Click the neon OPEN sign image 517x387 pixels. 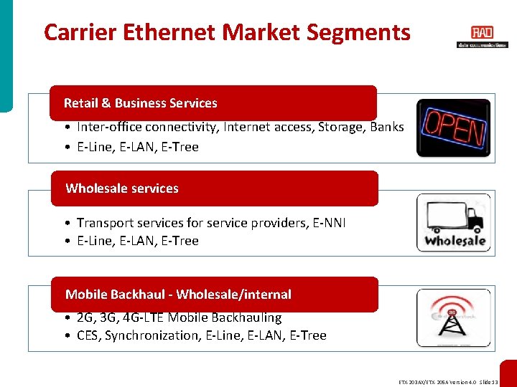click(453, 128)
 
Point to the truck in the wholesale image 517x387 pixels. click(452, 214)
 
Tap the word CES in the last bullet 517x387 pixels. click(88, 335)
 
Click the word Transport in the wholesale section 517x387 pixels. click(104, 223)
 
